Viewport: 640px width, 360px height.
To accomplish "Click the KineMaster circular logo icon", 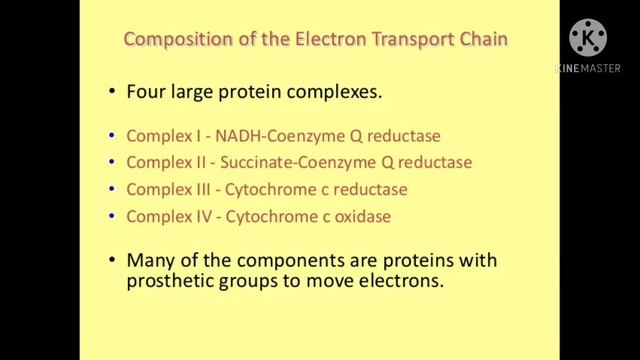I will coord(587,39).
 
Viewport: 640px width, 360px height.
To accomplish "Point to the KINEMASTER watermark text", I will coord(587,69).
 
